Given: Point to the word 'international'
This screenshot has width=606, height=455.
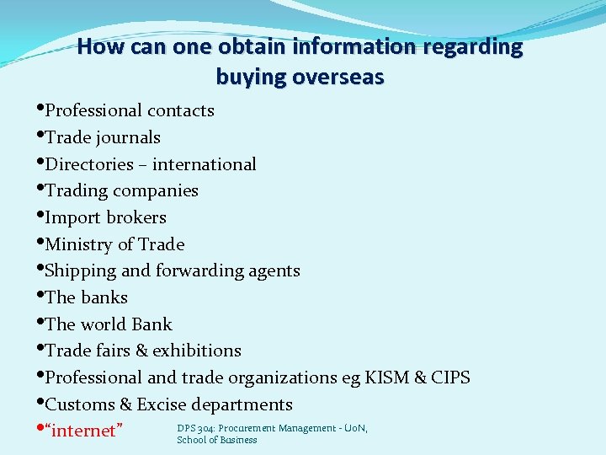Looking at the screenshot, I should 205,164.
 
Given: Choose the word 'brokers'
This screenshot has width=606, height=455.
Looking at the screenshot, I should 135,217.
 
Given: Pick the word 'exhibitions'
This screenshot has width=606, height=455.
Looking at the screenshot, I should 197,351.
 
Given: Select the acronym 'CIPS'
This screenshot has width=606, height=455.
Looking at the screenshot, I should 450,377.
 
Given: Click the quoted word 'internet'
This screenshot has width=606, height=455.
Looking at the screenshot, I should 87,431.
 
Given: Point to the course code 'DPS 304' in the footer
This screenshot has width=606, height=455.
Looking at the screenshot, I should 196,428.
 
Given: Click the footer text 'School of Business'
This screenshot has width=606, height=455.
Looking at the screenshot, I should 217,440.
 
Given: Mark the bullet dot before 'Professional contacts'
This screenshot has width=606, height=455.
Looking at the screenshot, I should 40,109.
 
